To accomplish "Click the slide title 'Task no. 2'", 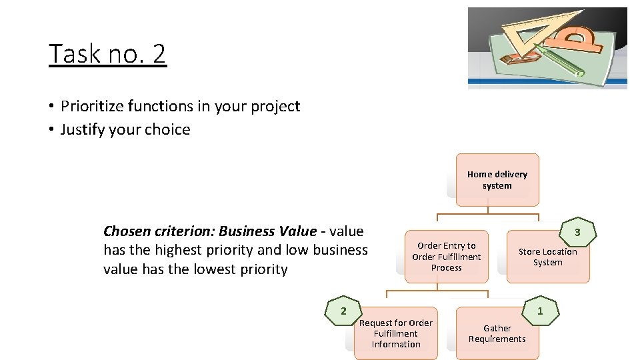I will [107, 53].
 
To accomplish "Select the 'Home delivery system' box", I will [497, 180].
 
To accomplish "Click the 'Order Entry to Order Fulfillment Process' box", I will [446, 257].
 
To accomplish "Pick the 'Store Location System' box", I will [548, 257].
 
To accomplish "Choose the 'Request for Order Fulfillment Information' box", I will [396, 333].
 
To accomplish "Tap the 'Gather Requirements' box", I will [497, 333].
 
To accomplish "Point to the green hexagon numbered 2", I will [343, 311].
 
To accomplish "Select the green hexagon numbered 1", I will [540, 311].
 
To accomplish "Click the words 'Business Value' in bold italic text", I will [267, 231].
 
